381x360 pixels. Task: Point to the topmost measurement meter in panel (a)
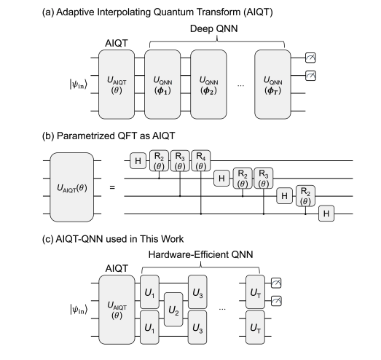point(311,58)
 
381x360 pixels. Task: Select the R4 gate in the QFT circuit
point(201,163)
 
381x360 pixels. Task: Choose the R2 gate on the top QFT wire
point(160,163)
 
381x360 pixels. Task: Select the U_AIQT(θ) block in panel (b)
point(71,189)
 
